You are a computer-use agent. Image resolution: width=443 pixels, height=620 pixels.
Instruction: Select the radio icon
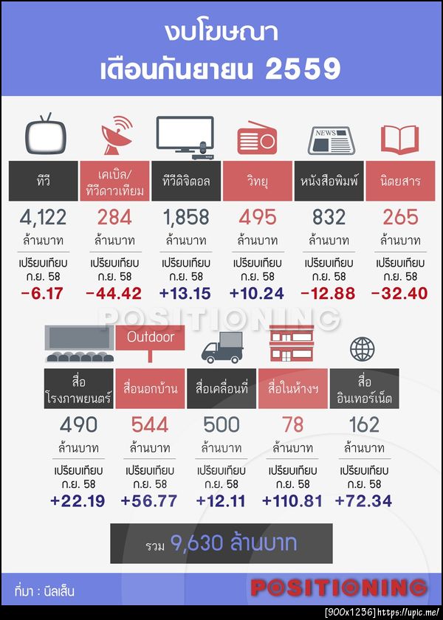257,138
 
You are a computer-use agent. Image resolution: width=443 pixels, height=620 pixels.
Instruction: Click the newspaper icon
329,139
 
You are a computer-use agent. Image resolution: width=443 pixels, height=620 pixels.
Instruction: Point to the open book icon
399,139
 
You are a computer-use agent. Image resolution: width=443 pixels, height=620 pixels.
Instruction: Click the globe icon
363,348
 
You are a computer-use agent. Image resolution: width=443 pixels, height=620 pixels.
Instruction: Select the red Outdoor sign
150,338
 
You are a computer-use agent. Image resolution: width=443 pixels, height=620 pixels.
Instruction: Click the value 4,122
44,217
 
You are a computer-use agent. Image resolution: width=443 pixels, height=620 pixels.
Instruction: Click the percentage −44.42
114,294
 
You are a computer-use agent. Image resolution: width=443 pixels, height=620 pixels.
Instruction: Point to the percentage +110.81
292,501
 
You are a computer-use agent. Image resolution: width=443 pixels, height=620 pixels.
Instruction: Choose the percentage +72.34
363,501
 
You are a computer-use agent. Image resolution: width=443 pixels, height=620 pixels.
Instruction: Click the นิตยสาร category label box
401,180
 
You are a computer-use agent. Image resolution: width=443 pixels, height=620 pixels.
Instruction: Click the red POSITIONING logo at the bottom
339,588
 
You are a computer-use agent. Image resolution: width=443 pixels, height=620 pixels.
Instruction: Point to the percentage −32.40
399,294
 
